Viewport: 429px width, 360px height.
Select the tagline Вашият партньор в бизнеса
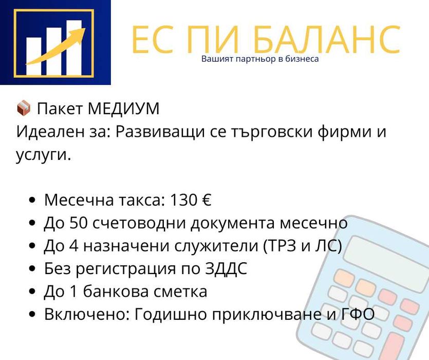point(260,59)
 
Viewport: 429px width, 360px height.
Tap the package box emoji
point(24,109)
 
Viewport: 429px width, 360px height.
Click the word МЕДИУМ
point(123,109)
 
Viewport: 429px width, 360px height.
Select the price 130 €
point(191,200)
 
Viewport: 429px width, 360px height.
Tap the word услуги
point(43,155)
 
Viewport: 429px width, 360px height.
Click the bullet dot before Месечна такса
point(33,201)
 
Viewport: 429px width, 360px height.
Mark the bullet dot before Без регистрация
point(33,269)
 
